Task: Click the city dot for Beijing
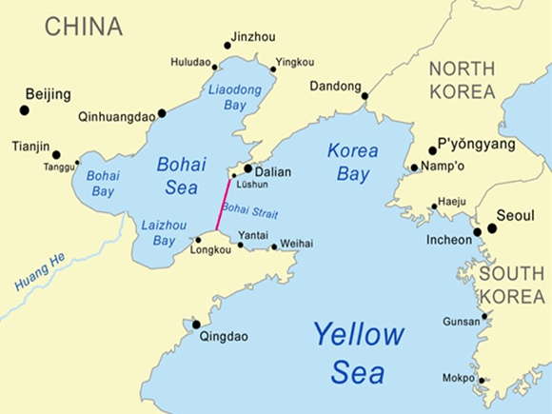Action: pos(25,110)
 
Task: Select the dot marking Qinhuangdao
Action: pos(162,113)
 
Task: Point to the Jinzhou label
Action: pos(254,37)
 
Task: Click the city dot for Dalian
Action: pos(248,168)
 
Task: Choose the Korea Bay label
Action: pos(352,162)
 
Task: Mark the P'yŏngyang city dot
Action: pos(432,150)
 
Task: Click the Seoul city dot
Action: pos(492,228)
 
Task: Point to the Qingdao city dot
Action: pos(196,325)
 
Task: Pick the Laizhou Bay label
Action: pos(157,233)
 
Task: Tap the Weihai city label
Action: pos(297,245)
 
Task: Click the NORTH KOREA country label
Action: pos(462,80)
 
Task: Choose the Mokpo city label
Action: pos(459,378)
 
